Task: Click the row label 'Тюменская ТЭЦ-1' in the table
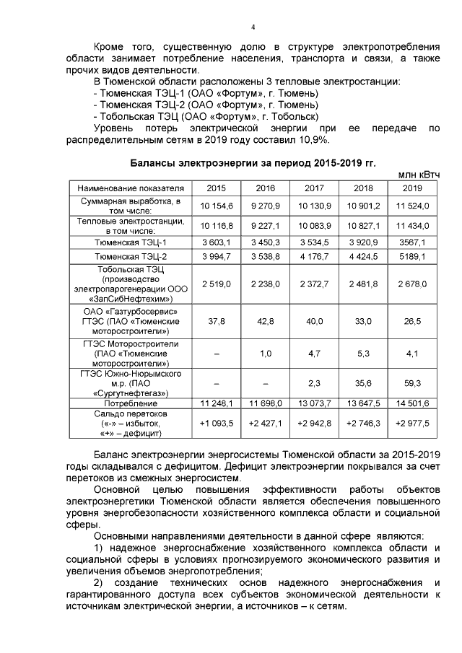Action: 130,242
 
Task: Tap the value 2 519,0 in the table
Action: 216,284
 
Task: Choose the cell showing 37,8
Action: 216,321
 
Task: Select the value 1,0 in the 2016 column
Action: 265,354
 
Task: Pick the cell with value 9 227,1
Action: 265,225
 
